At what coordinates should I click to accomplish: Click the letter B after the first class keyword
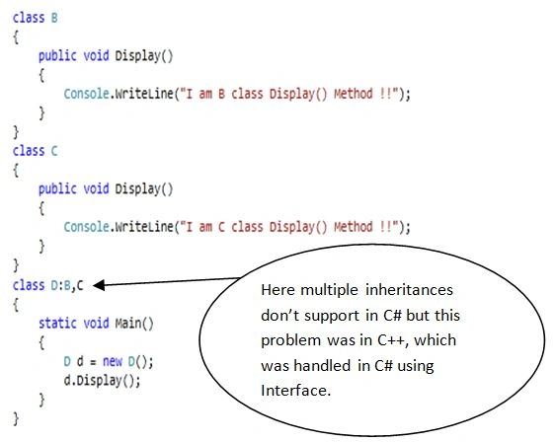pos(54,18)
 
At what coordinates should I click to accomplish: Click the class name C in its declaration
pos(54,151)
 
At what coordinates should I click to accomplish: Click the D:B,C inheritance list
pos(67,285)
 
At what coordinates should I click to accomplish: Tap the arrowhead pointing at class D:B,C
pos(99,285)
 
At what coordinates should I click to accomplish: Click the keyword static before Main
pos(57,324)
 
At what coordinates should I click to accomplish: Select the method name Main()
pos(134,324)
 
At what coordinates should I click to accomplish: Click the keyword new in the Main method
pos(113,361)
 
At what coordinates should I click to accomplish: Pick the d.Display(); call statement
pos(102,381)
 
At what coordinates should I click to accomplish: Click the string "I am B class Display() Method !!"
pos(289,94)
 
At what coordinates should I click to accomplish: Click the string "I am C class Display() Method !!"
pos(289,227)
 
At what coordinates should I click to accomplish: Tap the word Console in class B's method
pos(86,94)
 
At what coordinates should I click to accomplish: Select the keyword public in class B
pos(57,56)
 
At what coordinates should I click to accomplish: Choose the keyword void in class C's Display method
pos(96,188)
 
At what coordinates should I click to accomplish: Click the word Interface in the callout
pos(295,391)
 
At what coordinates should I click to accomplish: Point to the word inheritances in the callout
pos(409,290)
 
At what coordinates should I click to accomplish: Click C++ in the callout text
pos(391,340)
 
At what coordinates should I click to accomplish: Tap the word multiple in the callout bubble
pos(329,291)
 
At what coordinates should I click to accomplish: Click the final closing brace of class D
pos(16,418)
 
